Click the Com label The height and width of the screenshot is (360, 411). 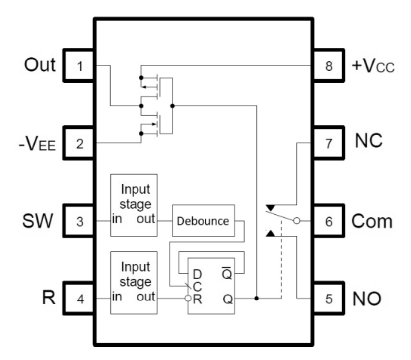[376, 221]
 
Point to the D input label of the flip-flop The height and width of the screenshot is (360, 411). [197, 273]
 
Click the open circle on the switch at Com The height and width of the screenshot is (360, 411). [296, 221]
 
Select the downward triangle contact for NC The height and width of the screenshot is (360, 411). [270, 207]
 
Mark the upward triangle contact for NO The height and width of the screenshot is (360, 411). [270, 233]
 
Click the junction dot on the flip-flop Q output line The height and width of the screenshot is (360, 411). [256, 299]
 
